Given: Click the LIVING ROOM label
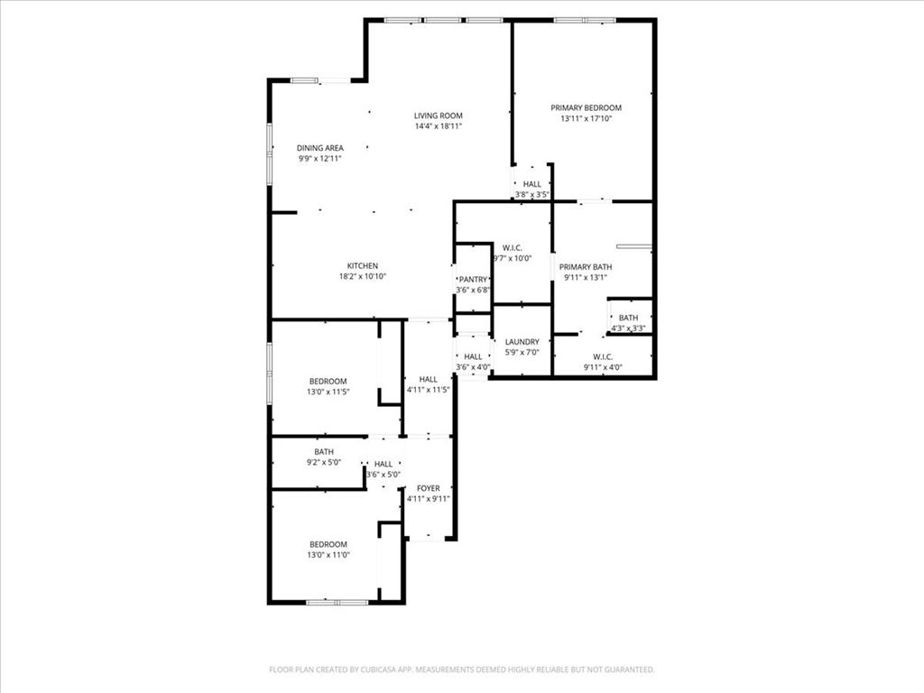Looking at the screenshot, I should point(438,115).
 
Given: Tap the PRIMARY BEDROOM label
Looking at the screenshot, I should point(586,107).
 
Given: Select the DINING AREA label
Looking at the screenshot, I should point(319,148).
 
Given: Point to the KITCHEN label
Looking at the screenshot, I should point(363,265).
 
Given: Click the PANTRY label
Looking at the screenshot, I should point(473,280).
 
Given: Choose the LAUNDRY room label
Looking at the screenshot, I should point(522,342).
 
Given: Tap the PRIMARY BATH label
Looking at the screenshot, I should point(586,267).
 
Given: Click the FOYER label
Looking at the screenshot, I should point(428,488).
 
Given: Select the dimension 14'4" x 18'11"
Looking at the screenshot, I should point(438,126).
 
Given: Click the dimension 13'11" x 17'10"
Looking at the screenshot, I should point(586,118).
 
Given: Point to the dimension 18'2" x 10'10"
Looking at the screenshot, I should point(363,276).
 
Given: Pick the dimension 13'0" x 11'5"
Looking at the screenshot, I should point(328,392).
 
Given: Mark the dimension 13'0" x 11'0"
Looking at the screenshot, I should point(328,555).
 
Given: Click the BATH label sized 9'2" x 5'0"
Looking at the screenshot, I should point(324,452).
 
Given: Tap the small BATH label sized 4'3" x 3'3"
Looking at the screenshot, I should point(628,318).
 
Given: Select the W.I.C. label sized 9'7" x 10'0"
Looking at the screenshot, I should point(512,247).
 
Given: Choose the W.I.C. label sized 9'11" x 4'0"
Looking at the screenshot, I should point(603,356).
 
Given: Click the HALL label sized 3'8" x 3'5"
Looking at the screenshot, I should point(532,184).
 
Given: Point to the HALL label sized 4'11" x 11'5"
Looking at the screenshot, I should point(428,379).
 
